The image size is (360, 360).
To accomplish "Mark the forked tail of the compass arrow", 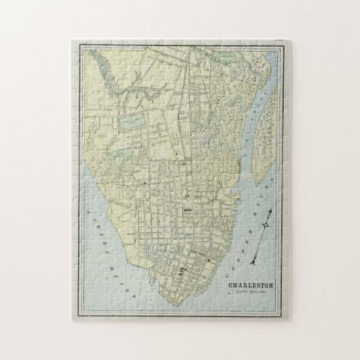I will (254, 246).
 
